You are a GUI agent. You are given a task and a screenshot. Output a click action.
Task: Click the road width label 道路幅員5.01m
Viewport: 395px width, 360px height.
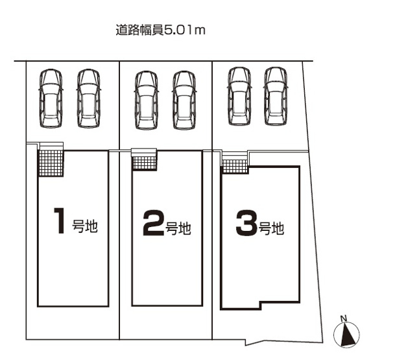point(159,30)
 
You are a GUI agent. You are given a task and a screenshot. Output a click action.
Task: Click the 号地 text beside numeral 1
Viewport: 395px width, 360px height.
point(84,226)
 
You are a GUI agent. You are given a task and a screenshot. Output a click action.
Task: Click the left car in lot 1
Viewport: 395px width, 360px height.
point(50,98)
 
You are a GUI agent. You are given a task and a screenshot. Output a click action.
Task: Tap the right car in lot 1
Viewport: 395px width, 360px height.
point(88,98)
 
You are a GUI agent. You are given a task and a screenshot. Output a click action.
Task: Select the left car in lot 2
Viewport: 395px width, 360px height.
point(146,99)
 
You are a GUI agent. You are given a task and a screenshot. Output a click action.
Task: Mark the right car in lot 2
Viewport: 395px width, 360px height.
point(184,99)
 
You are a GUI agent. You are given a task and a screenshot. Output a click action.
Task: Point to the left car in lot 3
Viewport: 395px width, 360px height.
point(239,95)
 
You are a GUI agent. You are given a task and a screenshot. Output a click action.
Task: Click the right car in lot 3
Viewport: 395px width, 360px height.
point(276,95)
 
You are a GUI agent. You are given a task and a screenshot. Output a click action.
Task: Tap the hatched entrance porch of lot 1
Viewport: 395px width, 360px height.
point(50,162)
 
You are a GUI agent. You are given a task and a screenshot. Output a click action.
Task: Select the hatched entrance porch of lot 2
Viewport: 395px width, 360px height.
point(144,162)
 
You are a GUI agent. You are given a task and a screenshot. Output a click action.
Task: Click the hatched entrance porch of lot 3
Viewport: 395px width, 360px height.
point(234,166)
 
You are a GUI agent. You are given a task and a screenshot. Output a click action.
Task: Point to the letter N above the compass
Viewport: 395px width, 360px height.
point(344,318)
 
